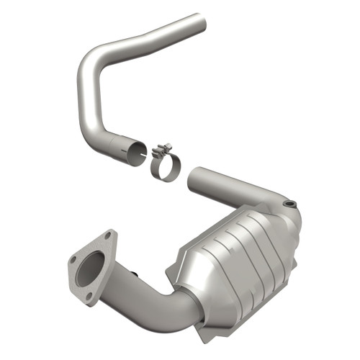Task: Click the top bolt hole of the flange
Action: click(x=107, y=235)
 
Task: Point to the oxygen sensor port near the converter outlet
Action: click(x=289, y=205)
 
